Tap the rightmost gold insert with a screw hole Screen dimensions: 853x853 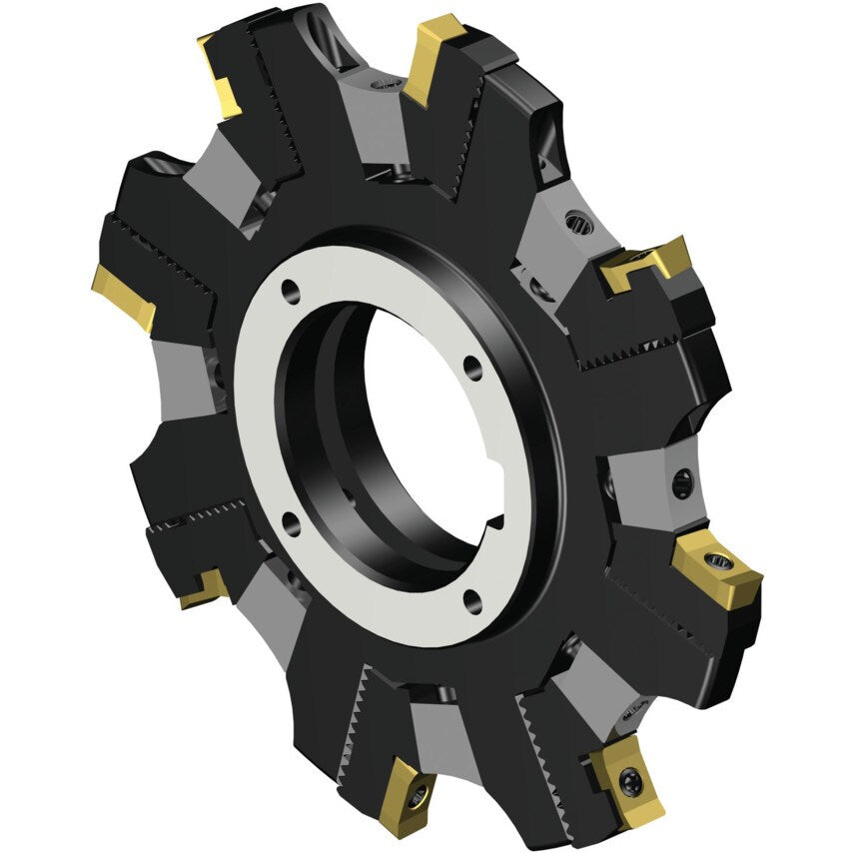717,570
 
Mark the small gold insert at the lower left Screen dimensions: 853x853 203,590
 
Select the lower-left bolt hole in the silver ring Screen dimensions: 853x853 288,520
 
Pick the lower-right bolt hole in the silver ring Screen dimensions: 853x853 471,598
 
